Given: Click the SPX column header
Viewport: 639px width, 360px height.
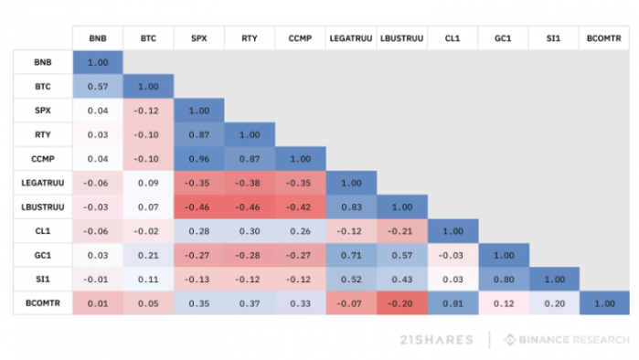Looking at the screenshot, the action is [199, 38].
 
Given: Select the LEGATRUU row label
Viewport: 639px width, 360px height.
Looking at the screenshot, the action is [43, 183].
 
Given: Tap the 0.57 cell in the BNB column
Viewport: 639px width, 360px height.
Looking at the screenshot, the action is [98, 86].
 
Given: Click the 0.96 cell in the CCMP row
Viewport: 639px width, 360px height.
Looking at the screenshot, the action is [199, 159].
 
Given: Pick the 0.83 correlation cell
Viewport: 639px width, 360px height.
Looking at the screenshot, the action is [351, 206].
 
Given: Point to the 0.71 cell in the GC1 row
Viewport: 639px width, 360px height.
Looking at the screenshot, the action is [351, 255].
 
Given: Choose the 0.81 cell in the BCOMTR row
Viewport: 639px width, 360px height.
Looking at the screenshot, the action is [453, 303].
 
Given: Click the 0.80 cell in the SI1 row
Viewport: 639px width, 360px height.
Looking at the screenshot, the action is [504, 280].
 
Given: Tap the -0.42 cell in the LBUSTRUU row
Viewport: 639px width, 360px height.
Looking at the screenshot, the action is [301, 206].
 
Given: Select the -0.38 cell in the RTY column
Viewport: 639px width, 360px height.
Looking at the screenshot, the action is [250, 183].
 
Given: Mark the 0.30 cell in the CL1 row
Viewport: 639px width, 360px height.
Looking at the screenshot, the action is [250, 231].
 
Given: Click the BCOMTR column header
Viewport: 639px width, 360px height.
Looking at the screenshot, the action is [604, 38].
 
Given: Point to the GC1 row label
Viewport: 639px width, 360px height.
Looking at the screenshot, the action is [43, 255].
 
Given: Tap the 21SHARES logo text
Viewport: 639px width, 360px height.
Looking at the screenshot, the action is [436, 340].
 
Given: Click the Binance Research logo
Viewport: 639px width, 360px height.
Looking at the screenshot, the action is [567, 340].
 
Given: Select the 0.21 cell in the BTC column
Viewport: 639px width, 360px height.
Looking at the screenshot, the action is [148, 255].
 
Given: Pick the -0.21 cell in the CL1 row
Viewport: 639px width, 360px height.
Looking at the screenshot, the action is [402, 231].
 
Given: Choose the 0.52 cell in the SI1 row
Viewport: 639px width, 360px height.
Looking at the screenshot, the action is [351, 280].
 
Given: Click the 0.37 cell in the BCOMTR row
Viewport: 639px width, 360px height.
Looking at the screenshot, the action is [250, 303].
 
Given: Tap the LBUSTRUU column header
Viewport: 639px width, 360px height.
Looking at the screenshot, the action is [402, 38].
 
